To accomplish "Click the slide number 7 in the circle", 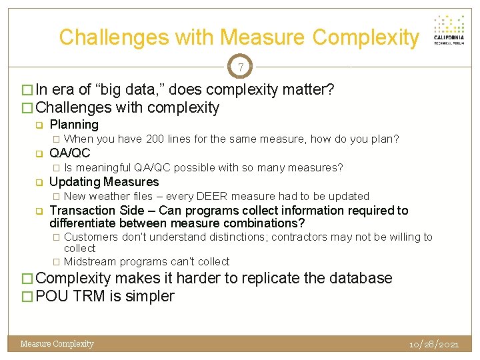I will click(240, 67).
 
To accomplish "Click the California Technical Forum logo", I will click(449, 29).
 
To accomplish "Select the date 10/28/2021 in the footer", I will click(434, 344).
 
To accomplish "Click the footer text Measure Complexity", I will click(57, 344).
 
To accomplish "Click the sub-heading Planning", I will click(74, 125).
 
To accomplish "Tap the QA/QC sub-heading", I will click(70, 153).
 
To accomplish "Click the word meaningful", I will click(103, 167).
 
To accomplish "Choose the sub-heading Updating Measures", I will click(105, 182).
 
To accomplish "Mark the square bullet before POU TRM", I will click(27, 297).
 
